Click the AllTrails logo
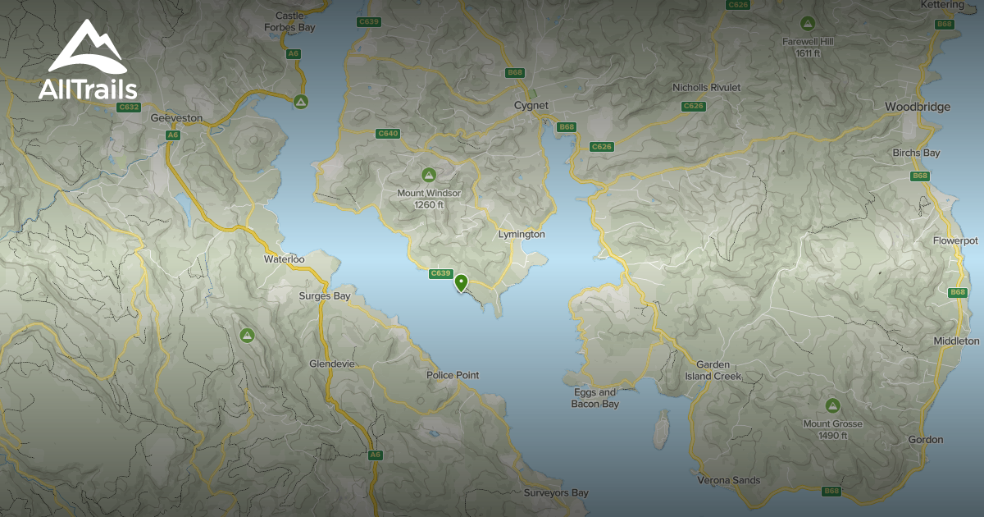pyautogui.click(x=87, y=61)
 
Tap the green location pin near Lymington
pyautogui.click(x=462, y=283)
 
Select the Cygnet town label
pyautogui.click(x=531, y=105)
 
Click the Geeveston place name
pyautogui.click(x=176, y=118)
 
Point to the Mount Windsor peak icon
pyautogui.click(x=428, y=175)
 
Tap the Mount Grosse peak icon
pyautogui.click(x=833, y=405)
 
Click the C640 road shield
pyautogui.click(x=387, y=134)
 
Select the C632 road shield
pyautogui.click(x=129, y=107)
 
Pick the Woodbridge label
pyautogui.click(x=918, y=107)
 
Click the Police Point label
pyautogui.click(x=453, y=375)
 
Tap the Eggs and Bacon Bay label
pyautogui.click(x=595, y=398)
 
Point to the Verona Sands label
pyautogui.click(x=728, y=480)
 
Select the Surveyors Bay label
pyautogui.click(x=556, y=493)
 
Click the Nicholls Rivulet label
pyautogui.click(x=706, y=87)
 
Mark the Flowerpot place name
pyautogui.click(x=955, y=240)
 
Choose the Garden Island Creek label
pyautogui.click(x=713, y=370)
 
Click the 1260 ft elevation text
pyautogui.click(x=429, y=204)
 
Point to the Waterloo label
pyautogui.click(x=284, y=258)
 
